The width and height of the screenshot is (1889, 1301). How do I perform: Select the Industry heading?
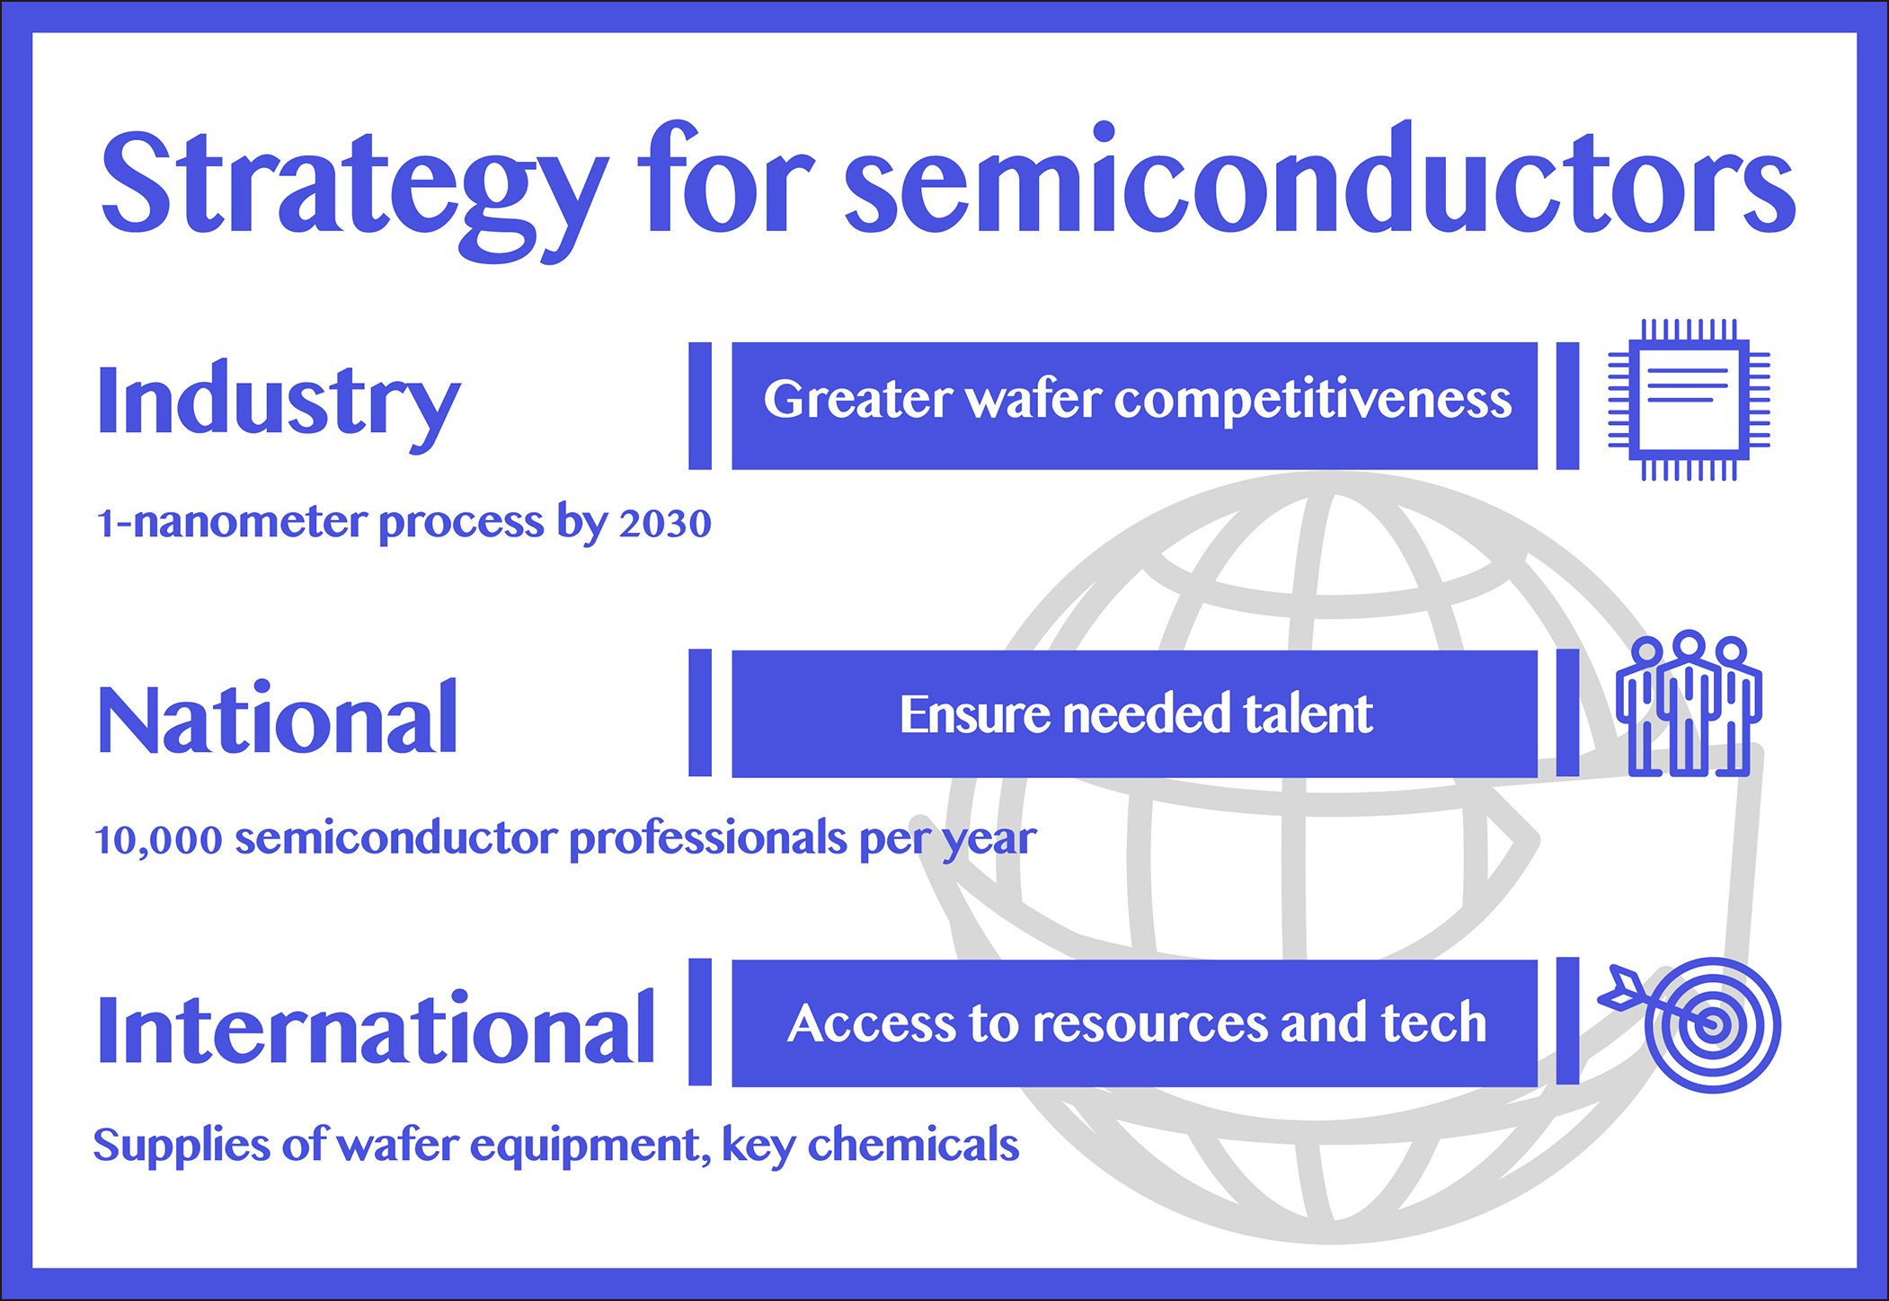(x=279, y=405)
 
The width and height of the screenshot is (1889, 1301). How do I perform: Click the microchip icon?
(x=1689, y=400)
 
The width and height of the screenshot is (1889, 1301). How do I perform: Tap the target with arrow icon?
(x=1690, y=1024)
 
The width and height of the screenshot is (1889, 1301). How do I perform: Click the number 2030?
(x=665, y=524)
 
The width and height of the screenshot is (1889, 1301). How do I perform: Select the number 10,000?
(x=158, y=841)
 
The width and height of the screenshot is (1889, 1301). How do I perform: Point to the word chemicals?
(x=913, y=1145)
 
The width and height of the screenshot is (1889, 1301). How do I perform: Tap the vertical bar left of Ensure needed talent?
(x=700, y=713)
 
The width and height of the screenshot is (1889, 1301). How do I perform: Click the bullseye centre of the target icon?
(x=1713, y=1025)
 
